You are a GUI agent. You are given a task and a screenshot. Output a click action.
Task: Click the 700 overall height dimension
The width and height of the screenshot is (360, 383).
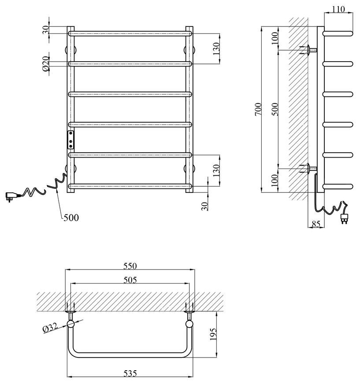tap(258, 109)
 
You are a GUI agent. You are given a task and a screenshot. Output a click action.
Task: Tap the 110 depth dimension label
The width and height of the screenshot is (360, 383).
tap(338, 9)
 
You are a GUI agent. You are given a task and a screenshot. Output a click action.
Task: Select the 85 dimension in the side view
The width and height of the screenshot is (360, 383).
tap(316, 224)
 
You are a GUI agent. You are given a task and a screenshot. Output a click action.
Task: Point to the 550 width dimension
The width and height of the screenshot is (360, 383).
tap(130, 266)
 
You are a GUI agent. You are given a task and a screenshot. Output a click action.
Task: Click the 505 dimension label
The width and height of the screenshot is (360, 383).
tap(130, 280)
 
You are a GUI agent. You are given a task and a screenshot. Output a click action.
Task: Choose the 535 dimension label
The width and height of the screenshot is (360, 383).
tap(130, 373)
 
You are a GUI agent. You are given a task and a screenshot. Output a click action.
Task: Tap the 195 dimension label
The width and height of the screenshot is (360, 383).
tap(213, 334)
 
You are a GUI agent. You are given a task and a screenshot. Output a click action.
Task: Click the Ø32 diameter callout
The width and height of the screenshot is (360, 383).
tap(50, 328)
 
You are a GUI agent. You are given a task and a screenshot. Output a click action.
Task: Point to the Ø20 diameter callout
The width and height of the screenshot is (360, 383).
tap(46, 64)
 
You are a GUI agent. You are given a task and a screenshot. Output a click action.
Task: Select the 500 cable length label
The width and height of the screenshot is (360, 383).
tap(71, 217)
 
